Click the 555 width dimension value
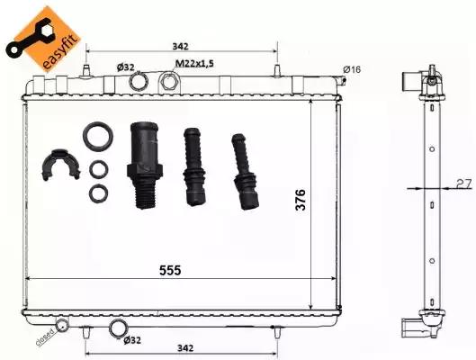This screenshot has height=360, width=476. (x=170, y=270)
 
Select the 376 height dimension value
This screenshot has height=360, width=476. (x=301, y=200)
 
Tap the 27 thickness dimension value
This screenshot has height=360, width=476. (x=464, y=184)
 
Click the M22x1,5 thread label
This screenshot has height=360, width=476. (x=194, y=63)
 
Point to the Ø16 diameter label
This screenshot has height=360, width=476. (x=352, y=69)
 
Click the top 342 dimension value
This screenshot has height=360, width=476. (x=180, y=47)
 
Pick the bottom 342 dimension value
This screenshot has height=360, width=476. (x=185, y=347)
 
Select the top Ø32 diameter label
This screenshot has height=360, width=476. (x=125, y=67)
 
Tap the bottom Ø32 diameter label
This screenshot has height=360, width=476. (x=132, y=340)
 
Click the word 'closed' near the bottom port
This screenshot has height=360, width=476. (x=45, y=337)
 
